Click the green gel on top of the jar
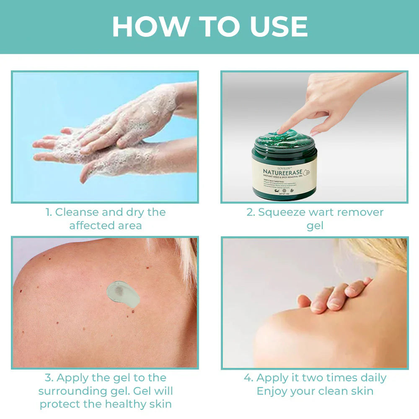(289, 138)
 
